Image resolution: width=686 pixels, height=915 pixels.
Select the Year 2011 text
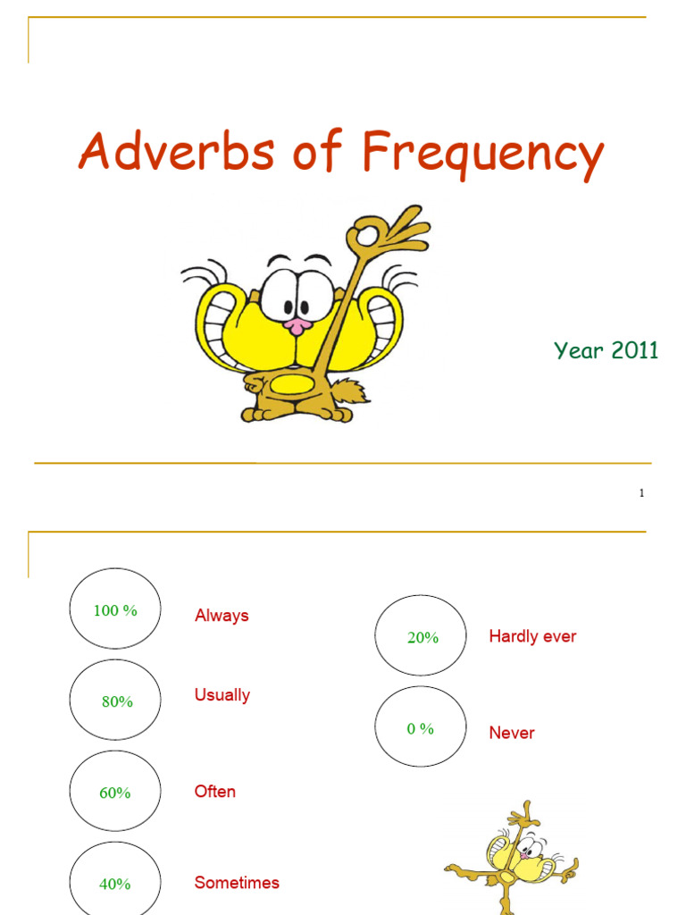(606, 350)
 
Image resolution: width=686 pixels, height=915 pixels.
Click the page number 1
(641, 493)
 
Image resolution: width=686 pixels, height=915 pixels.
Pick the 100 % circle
(115, 609)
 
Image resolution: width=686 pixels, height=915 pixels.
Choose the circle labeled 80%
(115, 701)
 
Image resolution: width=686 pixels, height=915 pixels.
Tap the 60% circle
(115, 793)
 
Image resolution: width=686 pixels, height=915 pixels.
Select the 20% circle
(421, 636)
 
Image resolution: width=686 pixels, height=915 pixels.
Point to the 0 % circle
(421, 727)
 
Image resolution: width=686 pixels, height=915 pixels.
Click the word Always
(222, 616)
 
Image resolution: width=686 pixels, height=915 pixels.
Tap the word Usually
(222, 695)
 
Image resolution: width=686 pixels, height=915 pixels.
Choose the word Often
(215, 792)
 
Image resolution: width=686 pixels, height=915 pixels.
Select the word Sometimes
(237, 883)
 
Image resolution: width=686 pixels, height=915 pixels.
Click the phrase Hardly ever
(532, 636)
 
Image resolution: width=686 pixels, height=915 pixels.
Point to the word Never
(512, 733)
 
